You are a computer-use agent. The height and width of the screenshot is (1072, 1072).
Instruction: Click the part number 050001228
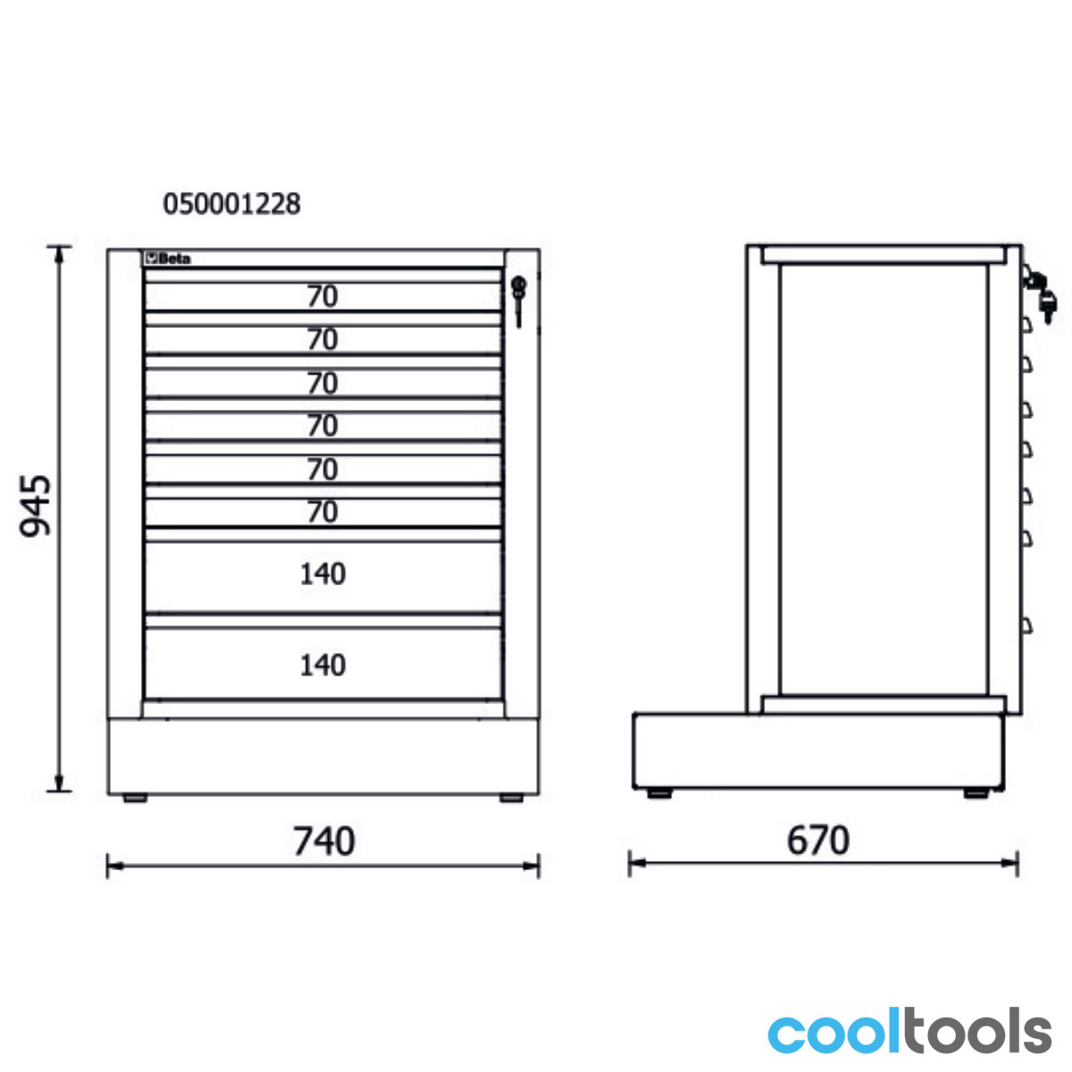coord(231,205)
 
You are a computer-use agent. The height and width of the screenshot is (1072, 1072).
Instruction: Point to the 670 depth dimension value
coord(817,840)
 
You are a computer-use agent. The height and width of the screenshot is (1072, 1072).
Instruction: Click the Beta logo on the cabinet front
coord(167,259)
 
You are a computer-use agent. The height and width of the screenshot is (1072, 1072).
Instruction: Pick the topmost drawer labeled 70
coord(322,296)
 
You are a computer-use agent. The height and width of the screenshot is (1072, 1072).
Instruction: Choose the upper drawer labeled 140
coord(322,574)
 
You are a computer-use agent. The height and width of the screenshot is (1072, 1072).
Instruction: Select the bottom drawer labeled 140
coord(322,665)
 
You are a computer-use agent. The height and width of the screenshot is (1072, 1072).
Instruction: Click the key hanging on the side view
coord(1048,307)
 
